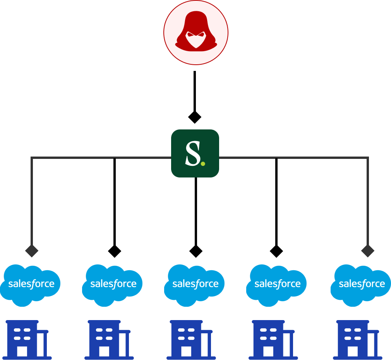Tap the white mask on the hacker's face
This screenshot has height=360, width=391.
(x=195, y=39)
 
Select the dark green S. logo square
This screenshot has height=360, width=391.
(x=195, y=153)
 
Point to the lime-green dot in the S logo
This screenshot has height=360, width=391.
(x=203, y=164)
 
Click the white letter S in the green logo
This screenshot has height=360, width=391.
(x=192, y=153)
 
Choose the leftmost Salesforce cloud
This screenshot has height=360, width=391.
(x=31, y=284)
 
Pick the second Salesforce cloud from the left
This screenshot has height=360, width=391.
(x=113, y=284)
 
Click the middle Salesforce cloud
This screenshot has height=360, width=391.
(x=195, y=284)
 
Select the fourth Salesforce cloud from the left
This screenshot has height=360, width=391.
(x=277, y=284)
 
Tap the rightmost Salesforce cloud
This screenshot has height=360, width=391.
(x=362, y=284)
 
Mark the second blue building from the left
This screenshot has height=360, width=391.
(x=108, y=339)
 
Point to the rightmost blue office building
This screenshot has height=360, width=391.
(x=357, y=339)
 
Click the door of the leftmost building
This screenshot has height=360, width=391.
(x=22, y=351)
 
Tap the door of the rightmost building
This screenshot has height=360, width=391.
(x=353, y=351)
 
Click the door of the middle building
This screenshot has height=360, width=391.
(x=186, y=351)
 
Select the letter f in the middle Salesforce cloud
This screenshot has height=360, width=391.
(x=196, y=284)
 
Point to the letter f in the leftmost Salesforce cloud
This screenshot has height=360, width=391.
(x=32, y=284)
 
